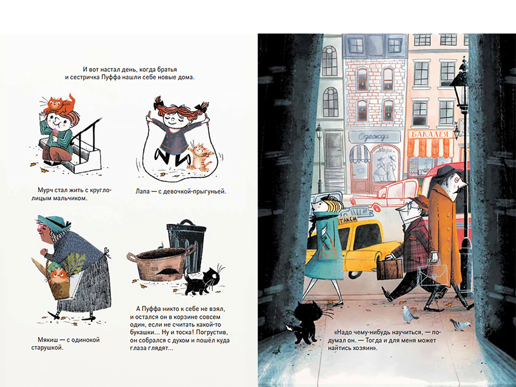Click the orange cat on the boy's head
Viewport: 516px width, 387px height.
[61, 103]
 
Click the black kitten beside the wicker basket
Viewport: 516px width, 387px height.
[203, 281]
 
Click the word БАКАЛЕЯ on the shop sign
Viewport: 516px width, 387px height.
[430, 134]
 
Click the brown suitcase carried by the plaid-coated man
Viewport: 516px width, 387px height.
[390, 269]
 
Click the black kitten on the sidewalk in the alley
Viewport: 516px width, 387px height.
[305, 321]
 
